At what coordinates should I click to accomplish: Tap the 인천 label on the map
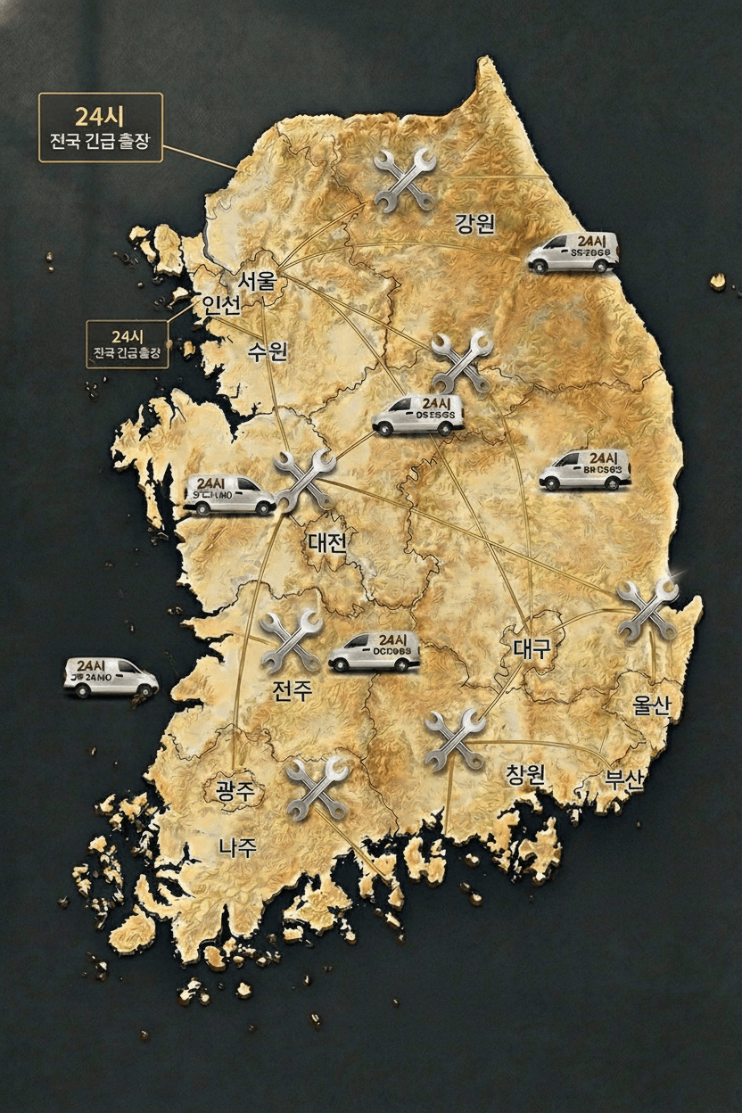[x=221, y=306]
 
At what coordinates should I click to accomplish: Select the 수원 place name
[x=268, y=351]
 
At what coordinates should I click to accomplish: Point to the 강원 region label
[x=474, y=223]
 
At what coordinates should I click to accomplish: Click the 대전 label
[x=326, y=541]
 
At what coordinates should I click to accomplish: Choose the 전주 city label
[x=293, y=689]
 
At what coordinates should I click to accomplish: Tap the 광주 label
[x=235, y=789]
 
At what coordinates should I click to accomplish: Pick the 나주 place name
[x=238, y=847]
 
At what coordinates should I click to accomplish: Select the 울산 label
[x=651, y=705]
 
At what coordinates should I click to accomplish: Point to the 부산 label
[x=624, y=779]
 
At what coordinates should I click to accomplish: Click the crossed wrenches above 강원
[x=405, y=179]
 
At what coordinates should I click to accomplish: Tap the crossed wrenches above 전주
[x=291, y=641]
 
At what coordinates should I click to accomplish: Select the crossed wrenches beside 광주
[x=317, y=787]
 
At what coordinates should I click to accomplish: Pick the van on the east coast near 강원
[x=572, y=251]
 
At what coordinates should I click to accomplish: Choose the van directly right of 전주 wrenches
[x=374, y=652]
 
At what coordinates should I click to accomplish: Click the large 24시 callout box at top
[x=101, y=128]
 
